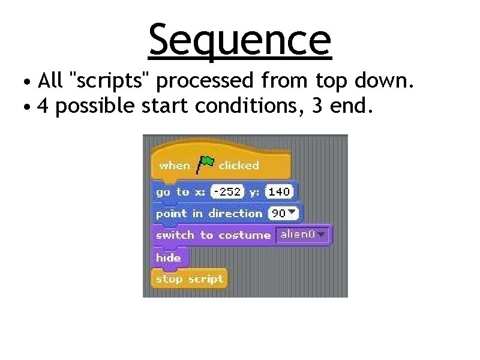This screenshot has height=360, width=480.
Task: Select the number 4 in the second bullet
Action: [x=43, y=106]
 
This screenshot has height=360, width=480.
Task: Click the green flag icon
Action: [x=205, y=164]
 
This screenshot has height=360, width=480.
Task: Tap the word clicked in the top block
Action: [x=238, y=165]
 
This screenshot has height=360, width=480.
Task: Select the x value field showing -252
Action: [x=227, y=192]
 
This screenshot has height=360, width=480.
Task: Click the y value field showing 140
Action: [x=278, y=192]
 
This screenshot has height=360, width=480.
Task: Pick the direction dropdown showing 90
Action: [x=284, y=214]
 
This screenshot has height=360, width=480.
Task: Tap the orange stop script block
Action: [x=188, y=279]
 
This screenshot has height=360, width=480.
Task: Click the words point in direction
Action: [x=209, y=214]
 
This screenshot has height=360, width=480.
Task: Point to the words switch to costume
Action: [x=212, y=235]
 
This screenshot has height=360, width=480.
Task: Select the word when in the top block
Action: [x=174, y=165]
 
